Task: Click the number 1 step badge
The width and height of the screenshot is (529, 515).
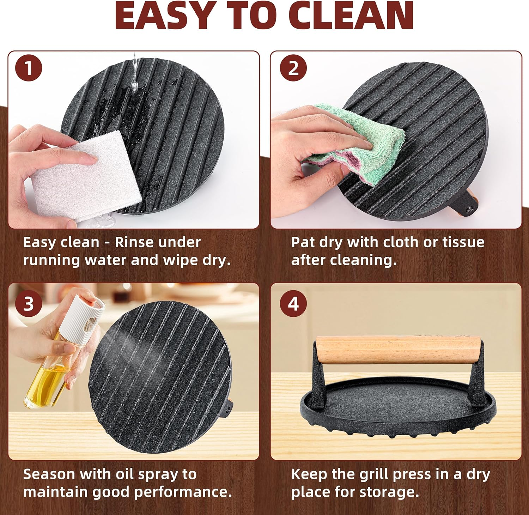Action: click(29, 68)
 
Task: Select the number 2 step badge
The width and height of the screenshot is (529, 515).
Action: click(293, 68)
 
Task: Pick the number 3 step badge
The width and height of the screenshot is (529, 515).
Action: click(29, 304)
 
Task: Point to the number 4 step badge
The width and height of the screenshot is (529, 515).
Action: click(293, 304)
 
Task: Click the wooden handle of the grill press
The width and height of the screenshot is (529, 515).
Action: click(398, 349)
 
